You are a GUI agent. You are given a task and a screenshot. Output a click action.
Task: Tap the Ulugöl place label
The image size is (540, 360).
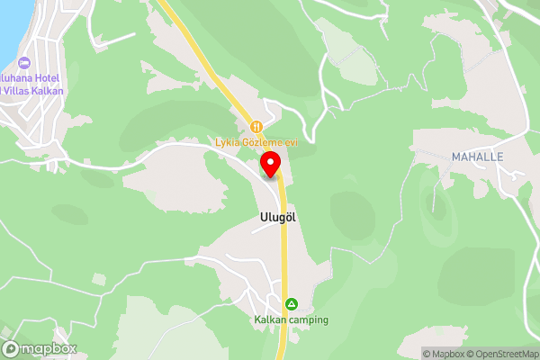pos(278,217)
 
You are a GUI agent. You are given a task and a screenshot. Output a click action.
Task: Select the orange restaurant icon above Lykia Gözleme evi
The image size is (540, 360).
pos(256,127)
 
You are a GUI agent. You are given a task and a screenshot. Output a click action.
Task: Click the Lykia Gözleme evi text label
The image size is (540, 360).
pos(256,141)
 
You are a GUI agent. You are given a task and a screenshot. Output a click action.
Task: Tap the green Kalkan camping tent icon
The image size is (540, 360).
pos(291,304)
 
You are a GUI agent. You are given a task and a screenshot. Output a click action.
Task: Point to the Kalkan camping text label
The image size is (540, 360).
pos(290,319)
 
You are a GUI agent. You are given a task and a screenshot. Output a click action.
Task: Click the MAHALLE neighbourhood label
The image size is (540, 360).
pos(477,157)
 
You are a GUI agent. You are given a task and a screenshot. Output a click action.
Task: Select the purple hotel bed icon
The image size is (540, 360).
pos(22,62)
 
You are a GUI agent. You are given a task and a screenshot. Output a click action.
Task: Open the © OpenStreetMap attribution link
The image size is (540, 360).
pos(505,354)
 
